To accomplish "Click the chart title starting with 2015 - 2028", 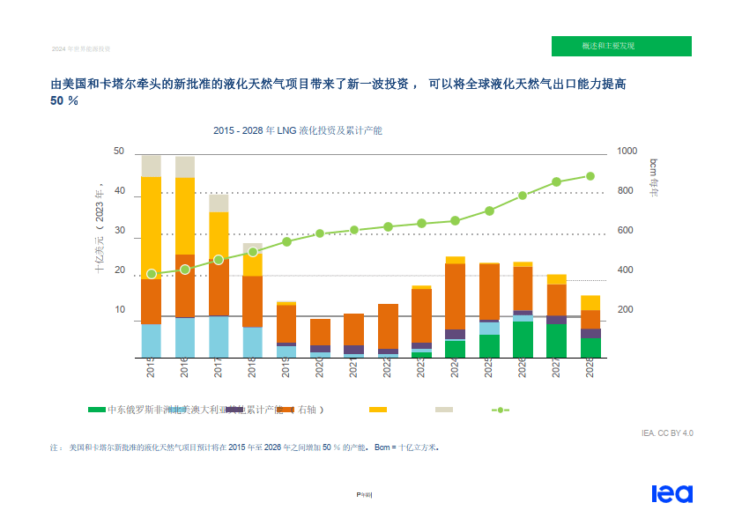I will coord(297,130).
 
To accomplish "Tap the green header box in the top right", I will coord(621,46).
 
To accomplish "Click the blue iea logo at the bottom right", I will coord(672,494).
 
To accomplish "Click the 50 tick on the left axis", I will coord(119,152).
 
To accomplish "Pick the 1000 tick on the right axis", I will coord(627,152).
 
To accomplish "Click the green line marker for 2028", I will coord(590,176).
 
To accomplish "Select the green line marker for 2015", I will coord(152,274).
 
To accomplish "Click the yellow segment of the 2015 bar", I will coord(152,227).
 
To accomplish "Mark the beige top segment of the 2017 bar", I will coord(219,203).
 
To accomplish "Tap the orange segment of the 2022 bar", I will coord(388,326).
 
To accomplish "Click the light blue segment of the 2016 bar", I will coord(185,337).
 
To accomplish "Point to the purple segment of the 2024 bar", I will coord(455,335).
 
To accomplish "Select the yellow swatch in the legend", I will coord(378,410).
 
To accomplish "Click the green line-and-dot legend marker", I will coord(500,410).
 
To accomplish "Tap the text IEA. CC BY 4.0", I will coord(667,433).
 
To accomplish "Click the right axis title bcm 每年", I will coord(654,177).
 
